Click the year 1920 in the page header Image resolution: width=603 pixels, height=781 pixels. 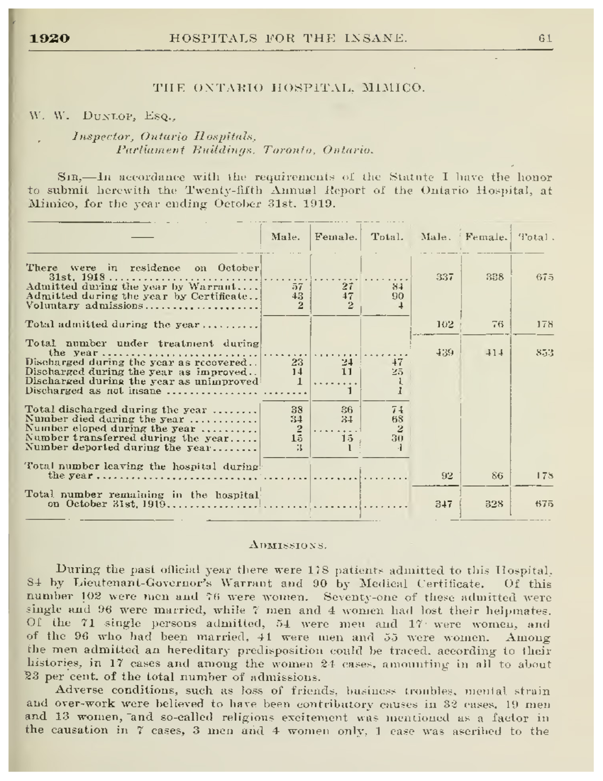pos(49,38)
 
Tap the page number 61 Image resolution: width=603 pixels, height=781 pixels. pos(545,38)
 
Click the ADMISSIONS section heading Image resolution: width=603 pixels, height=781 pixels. pos(288,544)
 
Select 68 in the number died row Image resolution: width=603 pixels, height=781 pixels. pos(397,418)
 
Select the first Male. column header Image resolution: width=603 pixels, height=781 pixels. pos(285,236)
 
